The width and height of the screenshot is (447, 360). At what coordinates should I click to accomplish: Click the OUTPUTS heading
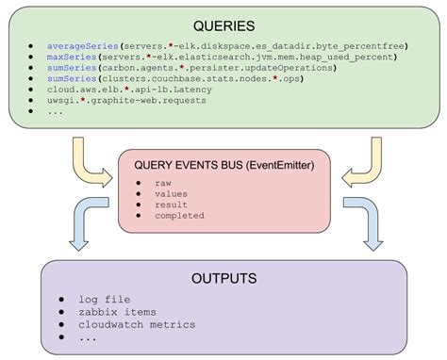223,279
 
